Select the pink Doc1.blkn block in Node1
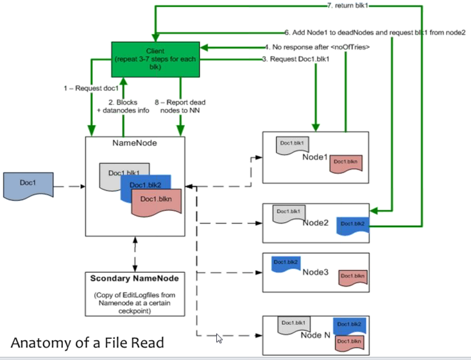click(x=347, y=162)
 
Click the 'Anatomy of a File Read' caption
click(x=87, y=343)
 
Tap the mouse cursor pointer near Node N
click(x=219, y=338)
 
